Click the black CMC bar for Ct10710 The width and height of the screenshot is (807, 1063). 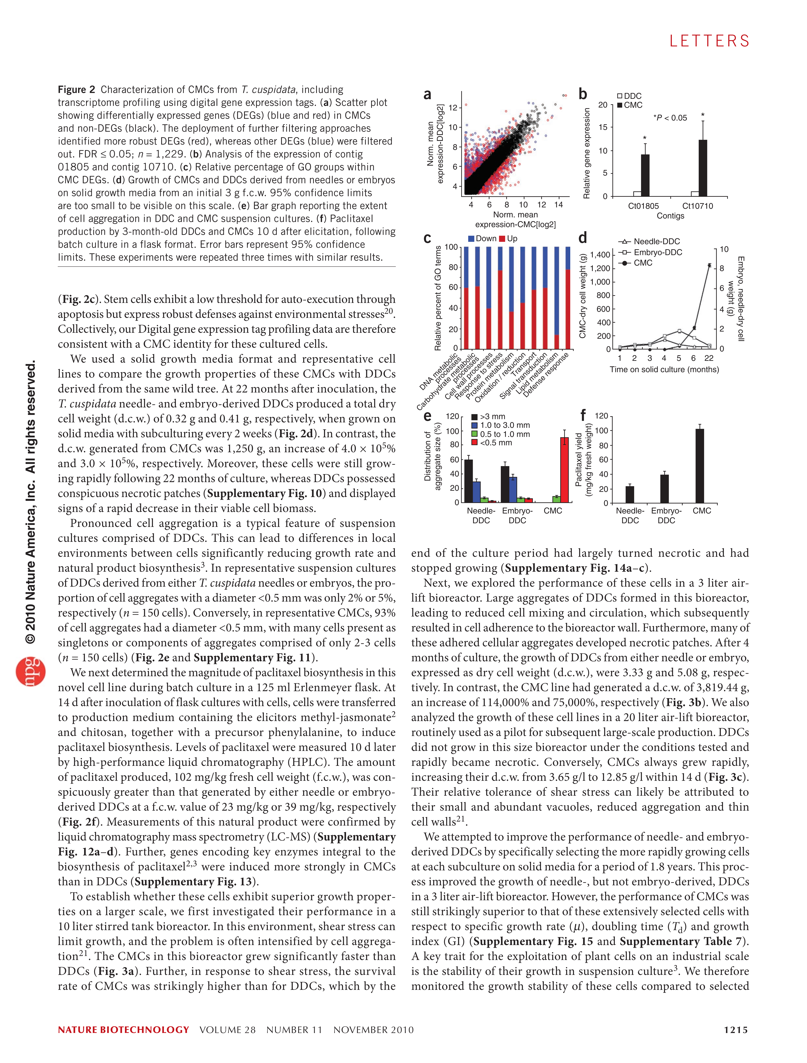703,168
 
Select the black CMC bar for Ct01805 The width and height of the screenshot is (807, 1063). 645,175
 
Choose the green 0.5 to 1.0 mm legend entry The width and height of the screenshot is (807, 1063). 500,434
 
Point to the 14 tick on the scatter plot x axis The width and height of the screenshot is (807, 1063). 558,205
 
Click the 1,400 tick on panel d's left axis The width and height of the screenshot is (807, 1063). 600,255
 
